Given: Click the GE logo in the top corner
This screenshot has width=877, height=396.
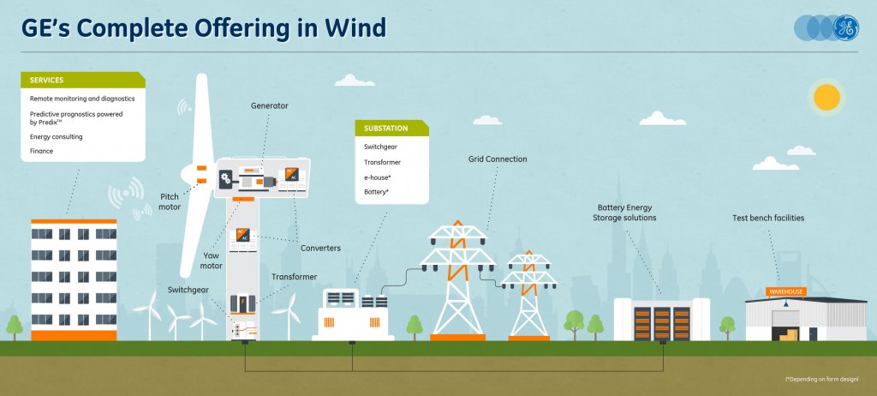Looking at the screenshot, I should [845, 28].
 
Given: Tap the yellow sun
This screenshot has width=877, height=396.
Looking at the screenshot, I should [827, 97].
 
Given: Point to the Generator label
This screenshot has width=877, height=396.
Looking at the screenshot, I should [269, 106].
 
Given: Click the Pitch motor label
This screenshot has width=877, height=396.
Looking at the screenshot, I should [170, 201].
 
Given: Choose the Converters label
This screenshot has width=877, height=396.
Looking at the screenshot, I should [320, 249].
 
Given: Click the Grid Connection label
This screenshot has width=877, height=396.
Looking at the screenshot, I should [498, 159].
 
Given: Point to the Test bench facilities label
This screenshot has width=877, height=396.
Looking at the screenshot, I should [768, 219].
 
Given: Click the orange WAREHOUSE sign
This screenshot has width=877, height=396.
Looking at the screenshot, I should [785, 292].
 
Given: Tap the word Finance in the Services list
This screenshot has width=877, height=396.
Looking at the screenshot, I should [41, 151].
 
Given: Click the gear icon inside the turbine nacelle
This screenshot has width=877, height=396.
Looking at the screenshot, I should [226, 179].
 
